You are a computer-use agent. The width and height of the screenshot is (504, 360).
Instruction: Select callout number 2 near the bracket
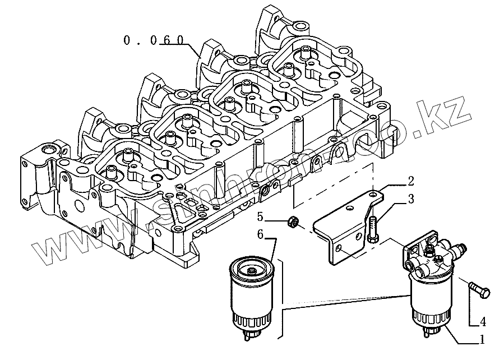point(410,181)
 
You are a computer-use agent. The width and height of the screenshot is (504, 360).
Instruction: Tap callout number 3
point(410,199)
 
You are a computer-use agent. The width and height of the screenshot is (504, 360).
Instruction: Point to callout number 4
point(482,322)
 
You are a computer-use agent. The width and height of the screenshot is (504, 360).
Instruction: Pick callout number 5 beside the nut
point(260,216)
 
